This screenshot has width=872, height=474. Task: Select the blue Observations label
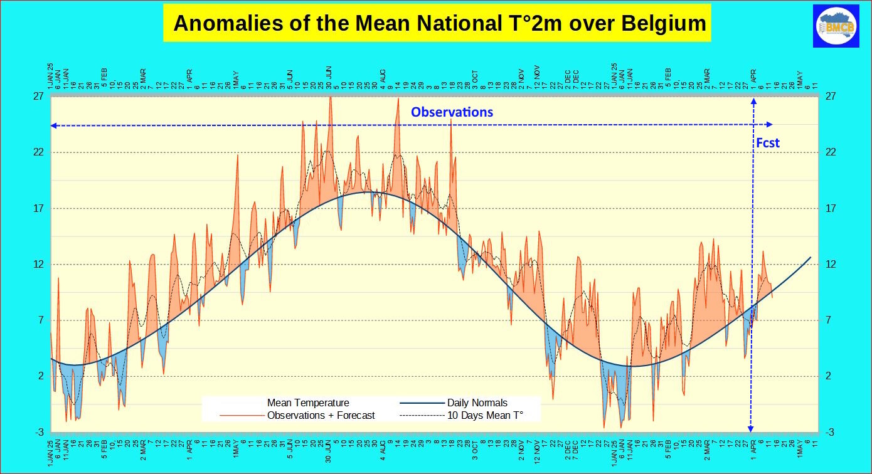(452, 113)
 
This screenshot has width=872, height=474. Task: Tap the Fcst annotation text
(768, 143)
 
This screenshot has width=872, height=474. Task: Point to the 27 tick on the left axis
(38, 97)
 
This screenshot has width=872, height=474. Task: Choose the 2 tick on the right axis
(829, 376)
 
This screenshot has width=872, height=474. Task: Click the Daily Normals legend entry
(477, 403)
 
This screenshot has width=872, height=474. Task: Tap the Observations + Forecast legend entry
(321, 415)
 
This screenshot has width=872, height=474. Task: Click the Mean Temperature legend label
(308, 403)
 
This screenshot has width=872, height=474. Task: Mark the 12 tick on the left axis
(38, 265)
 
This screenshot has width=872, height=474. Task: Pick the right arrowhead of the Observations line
(771, 125)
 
